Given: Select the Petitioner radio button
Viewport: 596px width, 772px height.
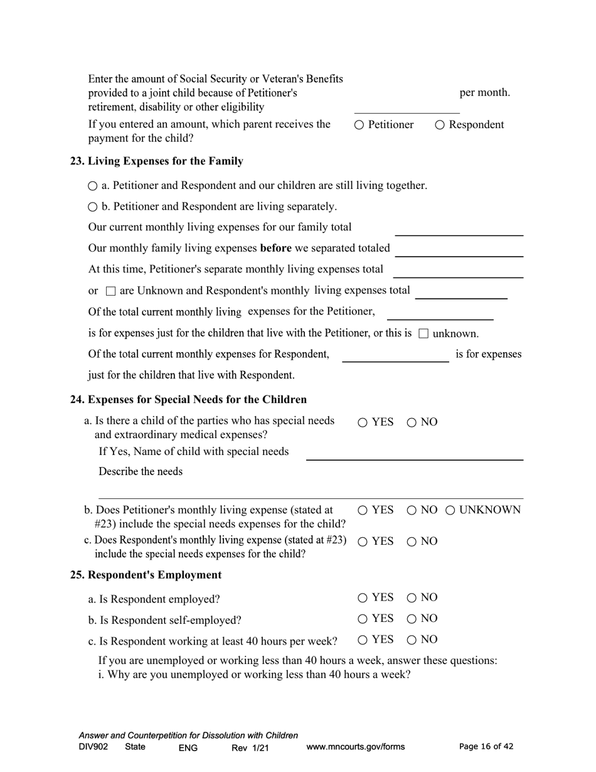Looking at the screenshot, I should tap(359, 125).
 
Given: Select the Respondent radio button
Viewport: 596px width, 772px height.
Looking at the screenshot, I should tap(440, 125).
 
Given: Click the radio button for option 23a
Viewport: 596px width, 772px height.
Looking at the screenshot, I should tap(93, 186).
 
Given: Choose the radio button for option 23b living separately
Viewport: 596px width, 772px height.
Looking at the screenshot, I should tap(93, 206).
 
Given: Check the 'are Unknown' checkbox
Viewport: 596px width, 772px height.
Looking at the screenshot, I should tap(110, 291).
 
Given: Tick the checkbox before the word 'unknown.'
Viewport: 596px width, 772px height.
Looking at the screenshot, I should tap(423, 333).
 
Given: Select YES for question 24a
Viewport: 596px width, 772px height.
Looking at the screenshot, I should tap(363, 422).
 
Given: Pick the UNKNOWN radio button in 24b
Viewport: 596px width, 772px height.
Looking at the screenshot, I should tap(450, 510).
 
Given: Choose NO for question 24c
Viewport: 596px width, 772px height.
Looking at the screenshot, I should tap(412, 542).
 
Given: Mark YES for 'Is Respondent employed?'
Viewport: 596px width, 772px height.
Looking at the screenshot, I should tap(363, 598).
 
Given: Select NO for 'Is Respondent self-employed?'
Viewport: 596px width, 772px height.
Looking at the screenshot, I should tap(412, 619).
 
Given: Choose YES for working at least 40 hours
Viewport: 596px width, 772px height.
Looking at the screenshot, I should tap(363, 640).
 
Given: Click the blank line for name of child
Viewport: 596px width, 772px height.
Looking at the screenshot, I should tap(414, 454).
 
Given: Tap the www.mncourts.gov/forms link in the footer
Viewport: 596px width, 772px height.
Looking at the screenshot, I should tap(355, 747).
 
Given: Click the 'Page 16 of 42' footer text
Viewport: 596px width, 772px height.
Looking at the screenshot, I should tap(486, 746).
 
